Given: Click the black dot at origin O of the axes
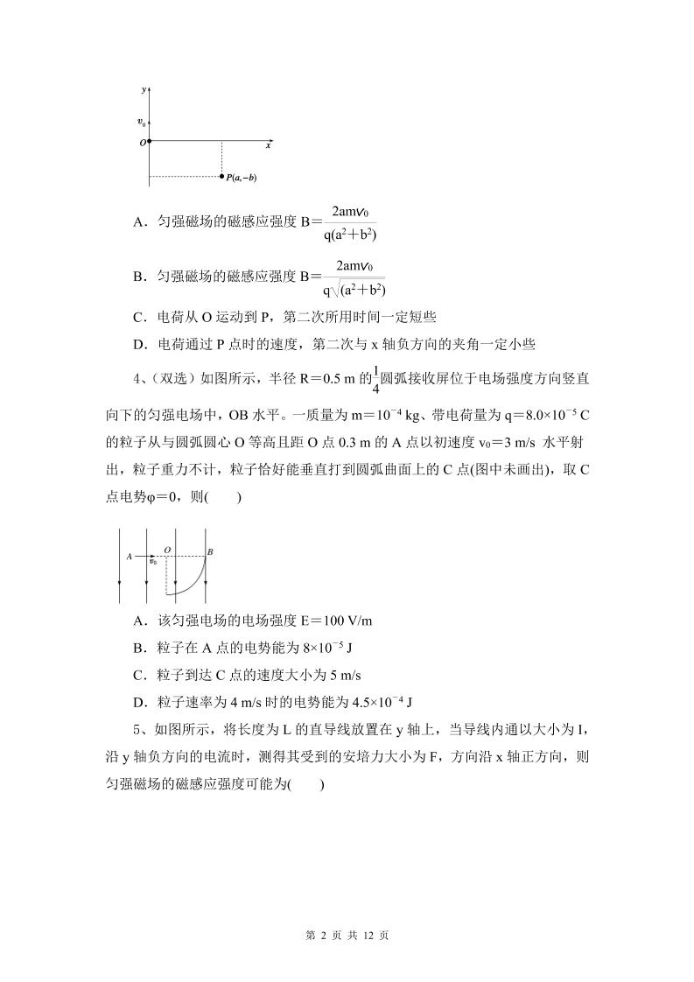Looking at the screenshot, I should click(149, 141).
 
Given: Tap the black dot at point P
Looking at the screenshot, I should click(222, 177).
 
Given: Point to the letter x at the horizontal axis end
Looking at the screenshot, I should click(268, 146).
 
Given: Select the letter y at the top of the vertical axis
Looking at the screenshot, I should click(143, 90).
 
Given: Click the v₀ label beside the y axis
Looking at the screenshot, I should click(141, 123).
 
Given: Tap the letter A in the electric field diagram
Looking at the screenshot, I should click(129, 556).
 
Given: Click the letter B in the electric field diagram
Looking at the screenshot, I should click(211, 552).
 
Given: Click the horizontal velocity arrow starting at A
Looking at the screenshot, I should click(144, 556).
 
